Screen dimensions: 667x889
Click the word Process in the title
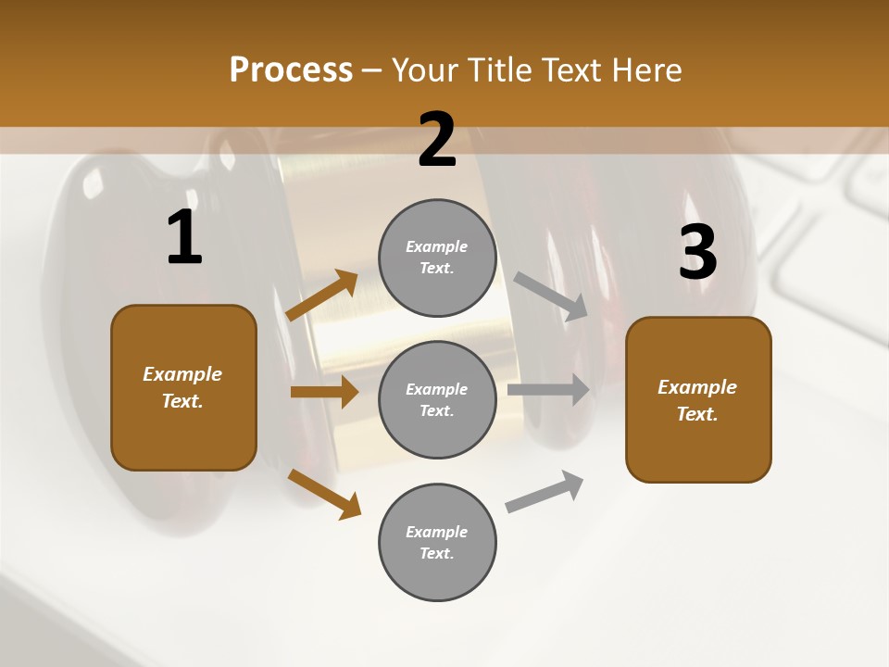[x=291, y=70]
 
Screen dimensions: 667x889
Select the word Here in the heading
[x=645, y=70]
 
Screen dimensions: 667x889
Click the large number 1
[x=184, y=238]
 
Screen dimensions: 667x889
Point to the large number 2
[x=437, y=140]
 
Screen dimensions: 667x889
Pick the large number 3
[x=697, y=252]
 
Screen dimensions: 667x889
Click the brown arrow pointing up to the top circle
[x=322, y=296]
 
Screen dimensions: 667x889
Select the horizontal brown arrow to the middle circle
[x=324, y=392]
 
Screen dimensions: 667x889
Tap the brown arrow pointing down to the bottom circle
[x=324, y=493]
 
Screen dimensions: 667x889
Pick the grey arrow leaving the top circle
[x=551, y=296]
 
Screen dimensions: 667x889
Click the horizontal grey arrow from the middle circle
[x=548, y=389]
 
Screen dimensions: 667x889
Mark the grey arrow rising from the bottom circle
[x=545, y=491]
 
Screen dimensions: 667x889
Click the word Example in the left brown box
[x=182, y=374]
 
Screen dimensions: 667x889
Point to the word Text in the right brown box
[x=696, y=414]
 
